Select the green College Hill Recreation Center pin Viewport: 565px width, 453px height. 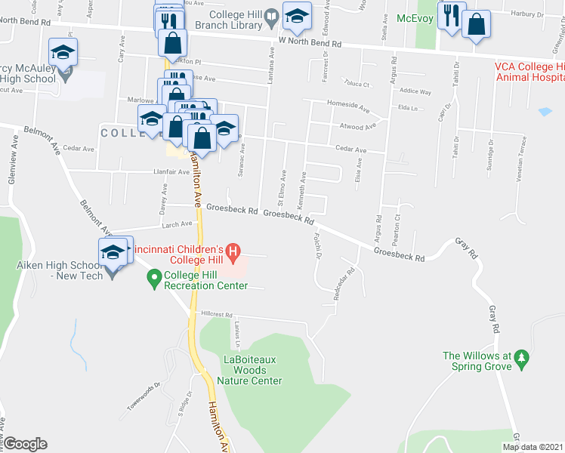154,278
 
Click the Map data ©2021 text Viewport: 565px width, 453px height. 533,447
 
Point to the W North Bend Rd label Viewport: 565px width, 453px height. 310,44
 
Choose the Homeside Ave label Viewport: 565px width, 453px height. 347,104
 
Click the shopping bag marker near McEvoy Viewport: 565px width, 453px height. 477,25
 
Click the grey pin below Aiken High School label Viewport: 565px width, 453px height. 113,273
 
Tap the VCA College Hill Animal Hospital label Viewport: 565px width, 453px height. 529,71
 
